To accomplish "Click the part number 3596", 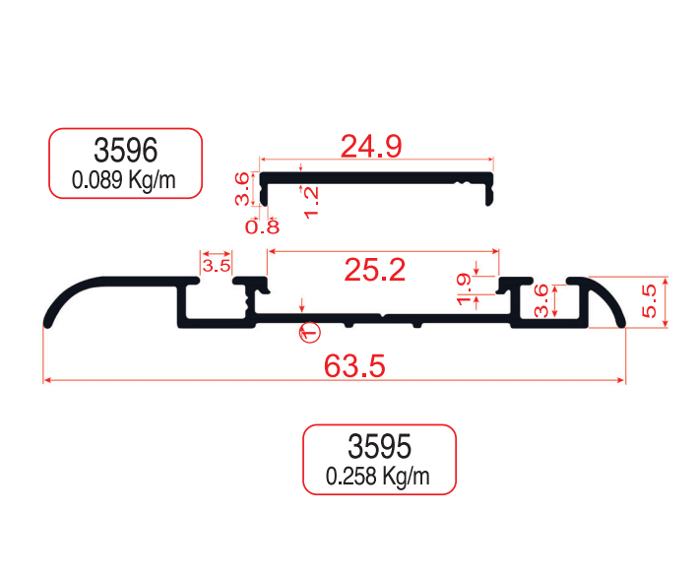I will (x=125, y=151).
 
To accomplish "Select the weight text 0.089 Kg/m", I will (x=125, y=180).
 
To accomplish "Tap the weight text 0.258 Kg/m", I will (x=379, y=478).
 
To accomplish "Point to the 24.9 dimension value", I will (x=371, y=147).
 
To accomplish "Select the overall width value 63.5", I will (x=354, y=366).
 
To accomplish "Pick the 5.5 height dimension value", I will (x=648, y=301).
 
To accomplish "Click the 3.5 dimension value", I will (x=217, y=265).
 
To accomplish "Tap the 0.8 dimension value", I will (x=262, y=227).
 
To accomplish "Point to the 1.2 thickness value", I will (x=312, y=202).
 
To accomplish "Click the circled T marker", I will (x=310, y=333).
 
